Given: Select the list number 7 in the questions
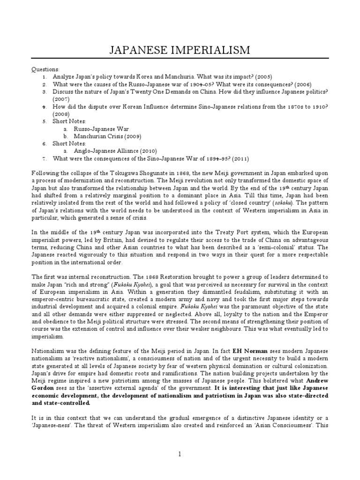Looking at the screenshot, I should pyautogui.click(x=45, y=158).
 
